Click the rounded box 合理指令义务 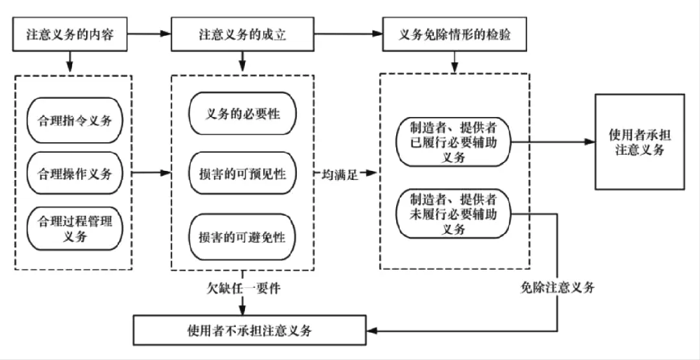[73, 119]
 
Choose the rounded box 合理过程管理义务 [73, 228]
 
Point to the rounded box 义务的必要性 [244, 114]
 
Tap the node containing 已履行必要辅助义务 [454, 142]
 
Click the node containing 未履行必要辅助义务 [454, 214]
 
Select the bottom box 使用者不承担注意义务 [249, 330]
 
